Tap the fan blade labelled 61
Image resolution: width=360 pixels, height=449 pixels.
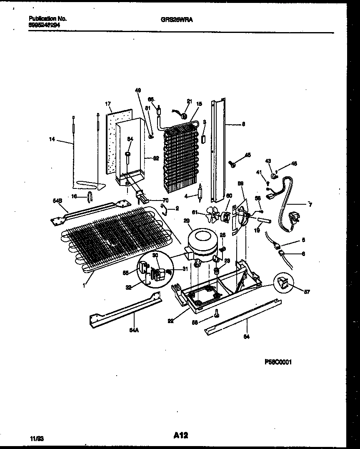[x=214, y=216]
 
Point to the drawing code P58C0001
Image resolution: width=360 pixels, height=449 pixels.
[x=278, y=362]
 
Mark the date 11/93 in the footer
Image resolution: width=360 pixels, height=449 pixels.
[x=37, y=438]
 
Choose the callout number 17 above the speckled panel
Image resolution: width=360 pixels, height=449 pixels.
[x=107, y=104]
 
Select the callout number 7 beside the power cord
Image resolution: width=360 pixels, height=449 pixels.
[x=310, y=204]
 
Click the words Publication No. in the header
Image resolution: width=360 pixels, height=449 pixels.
[x=47, y=19]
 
